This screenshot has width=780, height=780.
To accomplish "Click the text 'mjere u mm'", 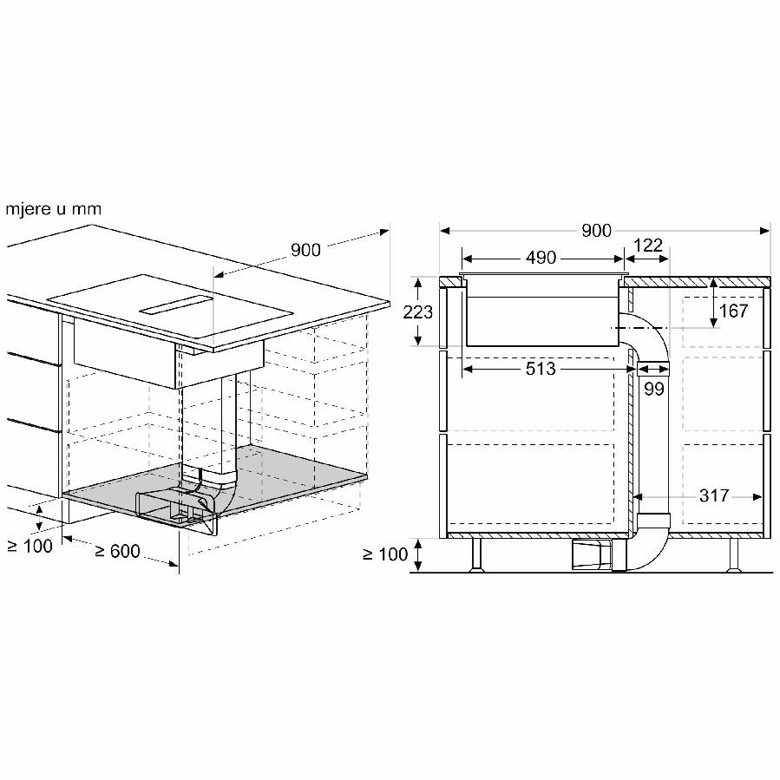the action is [54, 209].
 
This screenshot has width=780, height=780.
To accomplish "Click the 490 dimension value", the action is [541, 258].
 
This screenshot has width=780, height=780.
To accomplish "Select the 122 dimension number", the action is [648, 246].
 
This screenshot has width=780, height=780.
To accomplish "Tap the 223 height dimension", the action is [418, 312].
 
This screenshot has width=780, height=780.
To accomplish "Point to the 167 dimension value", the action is [734, 311].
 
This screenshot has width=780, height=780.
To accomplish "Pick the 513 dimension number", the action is [541, 369].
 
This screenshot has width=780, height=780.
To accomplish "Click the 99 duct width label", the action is [654, 389].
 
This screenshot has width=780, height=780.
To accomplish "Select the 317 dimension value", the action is [714, 495].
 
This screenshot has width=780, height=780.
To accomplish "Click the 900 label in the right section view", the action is [596, 230].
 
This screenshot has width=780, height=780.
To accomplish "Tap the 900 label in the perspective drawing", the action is [305, 250].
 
